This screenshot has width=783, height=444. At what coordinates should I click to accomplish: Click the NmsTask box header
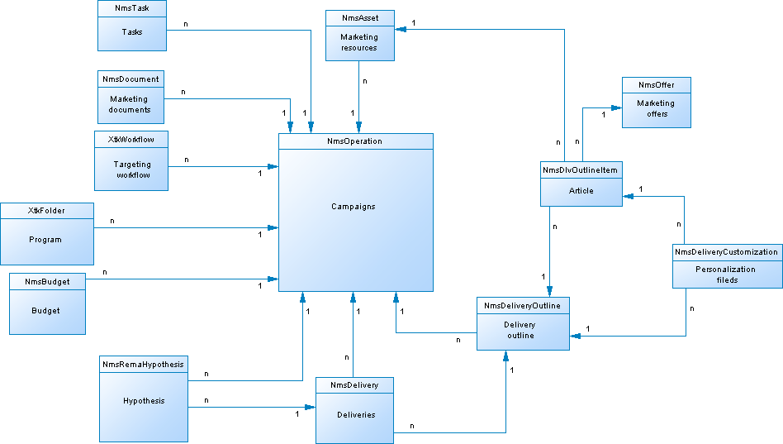[131, 9]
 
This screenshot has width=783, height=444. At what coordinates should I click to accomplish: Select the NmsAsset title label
[358, 18]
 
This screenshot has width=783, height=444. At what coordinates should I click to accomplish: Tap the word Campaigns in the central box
[354, 207]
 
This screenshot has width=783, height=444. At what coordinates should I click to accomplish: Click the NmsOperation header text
[355, 141]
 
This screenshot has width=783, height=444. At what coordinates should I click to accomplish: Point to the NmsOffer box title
[656, 85]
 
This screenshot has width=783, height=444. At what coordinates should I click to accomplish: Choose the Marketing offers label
[656, 109]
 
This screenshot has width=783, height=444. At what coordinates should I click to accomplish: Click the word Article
[581, 190]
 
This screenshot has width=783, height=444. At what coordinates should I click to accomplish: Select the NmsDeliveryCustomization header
[727, 252]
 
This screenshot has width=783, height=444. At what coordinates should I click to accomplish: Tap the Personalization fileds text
[727, 275]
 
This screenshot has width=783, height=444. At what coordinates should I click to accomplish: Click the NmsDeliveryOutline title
[522, 306]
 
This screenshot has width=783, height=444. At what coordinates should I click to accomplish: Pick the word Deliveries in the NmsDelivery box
[354, 415]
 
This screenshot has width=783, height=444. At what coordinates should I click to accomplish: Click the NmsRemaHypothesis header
[143, 365]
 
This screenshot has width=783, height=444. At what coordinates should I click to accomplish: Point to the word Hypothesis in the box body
[143, 401]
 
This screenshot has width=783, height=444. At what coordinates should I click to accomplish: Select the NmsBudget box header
[47, 282]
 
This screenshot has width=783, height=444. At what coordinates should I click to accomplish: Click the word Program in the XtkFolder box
[45, 240]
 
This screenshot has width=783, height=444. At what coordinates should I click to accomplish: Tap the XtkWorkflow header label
[131, 139]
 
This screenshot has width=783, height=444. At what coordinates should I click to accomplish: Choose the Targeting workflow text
[132, 169]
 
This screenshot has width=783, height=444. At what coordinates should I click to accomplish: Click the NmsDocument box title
[130, 79]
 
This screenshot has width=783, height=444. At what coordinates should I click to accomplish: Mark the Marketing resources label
[358, 42]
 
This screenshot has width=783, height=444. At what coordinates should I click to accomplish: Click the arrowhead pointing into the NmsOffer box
[617, 107]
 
